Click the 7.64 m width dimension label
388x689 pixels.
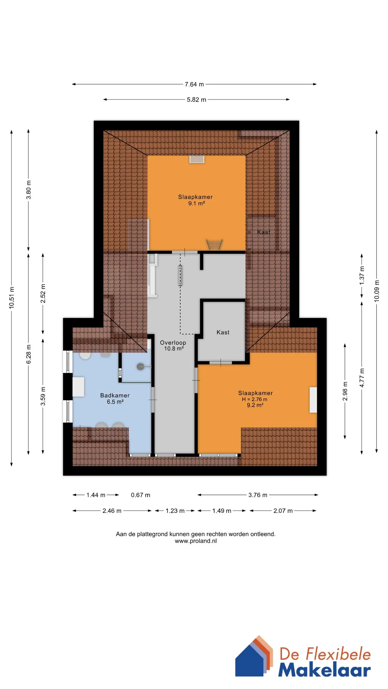194,84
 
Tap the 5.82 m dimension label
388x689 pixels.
196,100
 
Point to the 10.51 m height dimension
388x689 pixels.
12,298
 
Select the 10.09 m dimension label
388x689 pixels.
377,291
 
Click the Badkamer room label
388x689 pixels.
115,395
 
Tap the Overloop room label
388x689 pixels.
173,343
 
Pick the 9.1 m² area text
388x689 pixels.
196,203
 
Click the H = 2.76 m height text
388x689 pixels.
255,399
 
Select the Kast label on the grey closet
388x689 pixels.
223,332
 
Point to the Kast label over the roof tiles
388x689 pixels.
264,232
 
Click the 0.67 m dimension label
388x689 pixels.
140,495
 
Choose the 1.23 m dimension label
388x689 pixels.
175,511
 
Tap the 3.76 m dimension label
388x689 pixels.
258,495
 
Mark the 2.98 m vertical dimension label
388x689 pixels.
345,391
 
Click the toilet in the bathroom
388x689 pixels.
85,355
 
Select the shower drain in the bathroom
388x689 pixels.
140,367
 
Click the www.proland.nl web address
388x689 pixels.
196,541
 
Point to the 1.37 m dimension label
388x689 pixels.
362,275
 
